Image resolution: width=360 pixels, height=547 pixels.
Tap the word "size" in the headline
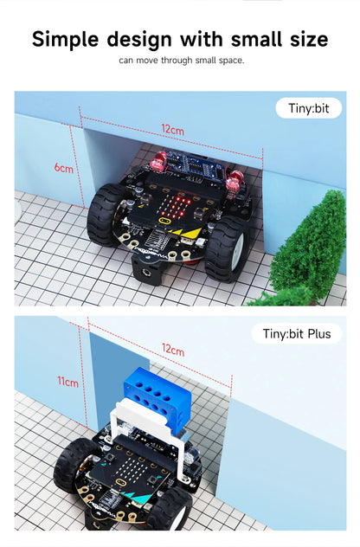click(x=299, y=39)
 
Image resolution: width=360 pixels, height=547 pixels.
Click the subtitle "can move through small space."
click(x=182, y=61)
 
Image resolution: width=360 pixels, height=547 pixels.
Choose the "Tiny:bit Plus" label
click(x=297, y=333)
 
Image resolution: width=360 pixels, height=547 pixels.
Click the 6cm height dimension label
click(x=63, y=168)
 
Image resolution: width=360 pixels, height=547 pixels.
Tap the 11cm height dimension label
click(x=67, y=382)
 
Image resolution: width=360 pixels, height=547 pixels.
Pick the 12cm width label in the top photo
click(x=171, y=130)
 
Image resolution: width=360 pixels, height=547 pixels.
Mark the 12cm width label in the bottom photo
click(x=172, y=351)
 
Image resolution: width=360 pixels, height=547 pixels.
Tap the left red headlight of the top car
click(x=158, y=162)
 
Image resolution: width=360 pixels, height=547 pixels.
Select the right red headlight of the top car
click(x=234, y=180)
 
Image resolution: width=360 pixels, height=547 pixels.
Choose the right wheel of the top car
click(x=226, y=247)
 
